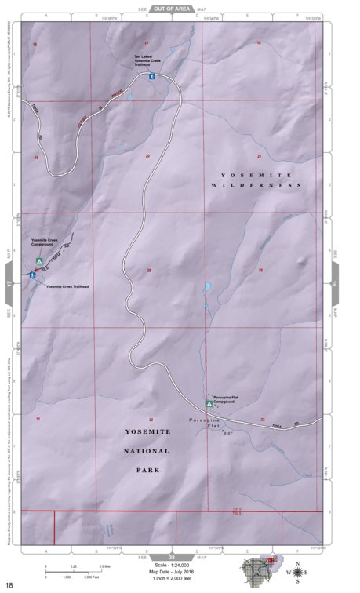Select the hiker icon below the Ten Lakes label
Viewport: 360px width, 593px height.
click(151, 77)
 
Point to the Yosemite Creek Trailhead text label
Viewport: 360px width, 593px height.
click(67, 287)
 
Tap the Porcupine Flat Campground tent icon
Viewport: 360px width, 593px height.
click(209, 403)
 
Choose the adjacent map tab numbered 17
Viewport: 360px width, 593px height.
click(9, 284)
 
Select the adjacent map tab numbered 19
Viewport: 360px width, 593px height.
click(334, 284)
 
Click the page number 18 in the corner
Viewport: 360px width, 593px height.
click(9, 585)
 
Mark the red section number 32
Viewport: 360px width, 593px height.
click(151, 420)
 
